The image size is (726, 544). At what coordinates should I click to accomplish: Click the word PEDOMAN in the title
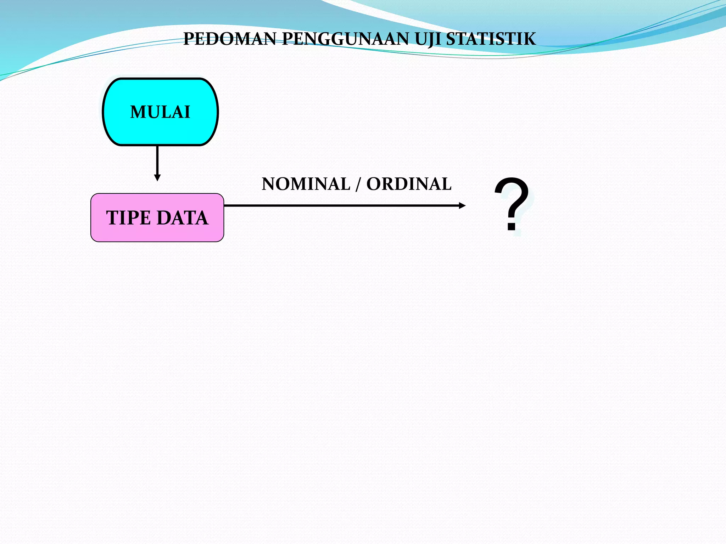click(x=229, y=39)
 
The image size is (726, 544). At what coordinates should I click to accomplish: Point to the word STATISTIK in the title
click(x=491, y=39)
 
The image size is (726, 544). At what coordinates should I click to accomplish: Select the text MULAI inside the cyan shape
click(x=160, y=112)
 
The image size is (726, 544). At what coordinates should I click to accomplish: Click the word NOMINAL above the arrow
click(x=306, y=184)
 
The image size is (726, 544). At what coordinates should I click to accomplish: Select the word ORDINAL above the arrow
click(x=409, y=184)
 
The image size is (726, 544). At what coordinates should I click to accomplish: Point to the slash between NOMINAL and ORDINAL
click(x=358, y=184)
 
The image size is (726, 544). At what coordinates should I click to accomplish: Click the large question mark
click(x=512, y=198)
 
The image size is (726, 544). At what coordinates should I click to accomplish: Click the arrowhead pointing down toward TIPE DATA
click(x=157, y=177)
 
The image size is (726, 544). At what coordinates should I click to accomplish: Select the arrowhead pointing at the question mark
click(x=462, y=205)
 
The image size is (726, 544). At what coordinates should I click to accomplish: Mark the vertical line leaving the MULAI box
click(x=157, y=159)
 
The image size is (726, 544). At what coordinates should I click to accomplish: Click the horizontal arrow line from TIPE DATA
click(x=340, y=205)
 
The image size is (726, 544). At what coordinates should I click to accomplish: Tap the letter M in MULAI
click(x=139, y=112)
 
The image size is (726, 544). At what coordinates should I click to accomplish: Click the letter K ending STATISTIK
click(x=529, y=39)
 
